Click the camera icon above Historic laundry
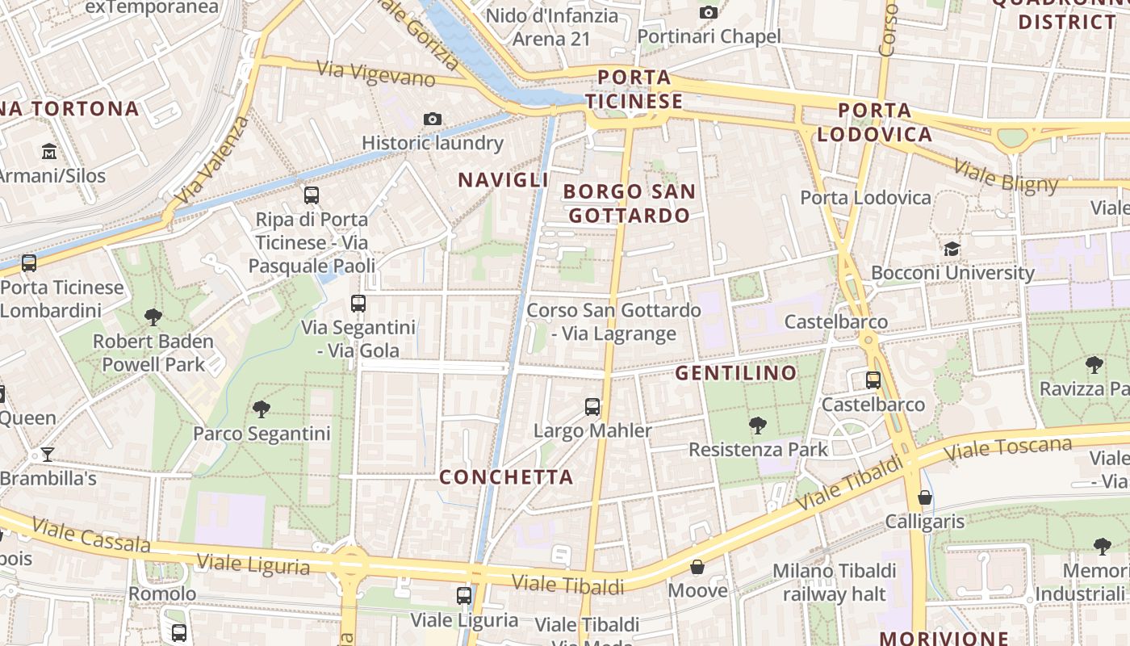pos(433,120)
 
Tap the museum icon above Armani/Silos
pos(49,151)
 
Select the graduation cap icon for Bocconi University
pos(952,249)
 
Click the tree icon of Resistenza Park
pos(757,425)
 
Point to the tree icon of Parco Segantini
pos(262,409)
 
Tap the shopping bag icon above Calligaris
pos(925,497)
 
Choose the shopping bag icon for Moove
pos(697,567)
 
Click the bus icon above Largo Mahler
pos(592,406)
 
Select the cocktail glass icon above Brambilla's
pos(48,454)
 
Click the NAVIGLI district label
pos(504,180)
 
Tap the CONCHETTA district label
pos(506,477)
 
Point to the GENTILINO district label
pos(736,373)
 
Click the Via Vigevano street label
pos(375,73)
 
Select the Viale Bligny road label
pos(1005,176)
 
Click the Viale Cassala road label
pos(91,537)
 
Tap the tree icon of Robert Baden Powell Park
pos(153,317)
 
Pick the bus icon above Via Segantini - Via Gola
pos(358,304)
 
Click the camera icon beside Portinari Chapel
pos(709,12)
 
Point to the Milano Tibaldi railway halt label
pos(835,582)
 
